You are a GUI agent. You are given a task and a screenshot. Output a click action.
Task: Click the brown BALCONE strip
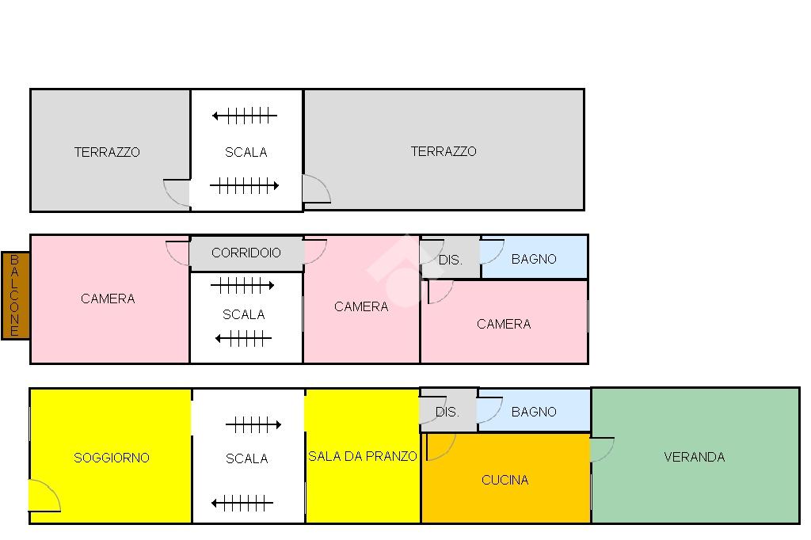(16, 295)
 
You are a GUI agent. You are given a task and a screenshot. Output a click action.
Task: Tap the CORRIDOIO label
(246, 253)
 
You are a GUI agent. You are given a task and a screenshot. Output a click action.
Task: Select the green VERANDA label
(694, 457)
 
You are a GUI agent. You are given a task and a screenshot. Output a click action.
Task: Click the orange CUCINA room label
(504, 480)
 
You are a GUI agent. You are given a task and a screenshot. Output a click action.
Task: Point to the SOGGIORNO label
(111, 457)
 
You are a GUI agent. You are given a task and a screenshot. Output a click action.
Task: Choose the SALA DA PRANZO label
(362, 456)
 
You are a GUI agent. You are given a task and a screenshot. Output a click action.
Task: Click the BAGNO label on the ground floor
(534, 412)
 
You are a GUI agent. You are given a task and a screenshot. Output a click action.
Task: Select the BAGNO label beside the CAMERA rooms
(534, 259)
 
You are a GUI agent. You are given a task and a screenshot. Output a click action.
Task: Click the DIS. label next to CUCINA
(447, 412)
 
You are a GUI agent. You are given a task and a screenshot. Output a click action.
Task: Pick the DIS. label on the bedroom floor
(450, 260)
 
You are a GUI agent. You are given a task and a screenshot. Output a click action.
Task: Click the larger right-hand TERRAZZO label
(444, 151)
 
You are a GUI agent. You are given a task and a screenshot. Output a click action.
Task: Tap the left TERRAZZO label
(107, 152)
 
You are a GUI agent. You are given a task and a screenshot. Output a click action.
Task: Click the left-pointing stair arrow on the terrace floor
(244, 116)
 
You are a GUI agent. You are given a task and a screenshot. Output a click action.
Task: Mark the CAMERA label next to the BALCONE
(108, 299)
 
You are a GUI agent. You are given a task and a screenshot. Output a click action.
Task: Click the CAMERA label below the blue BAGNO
(504, 324)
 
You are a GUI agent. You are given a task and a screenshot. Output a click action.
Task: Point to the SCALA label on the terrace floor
(246, 152)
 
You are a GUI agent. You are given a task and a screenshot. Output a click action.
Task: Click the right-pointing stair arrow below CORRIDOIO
(242, 285)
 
